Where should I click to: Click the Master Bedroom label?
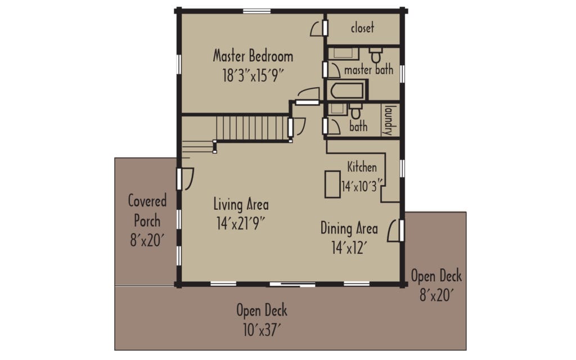[x=253, y=56]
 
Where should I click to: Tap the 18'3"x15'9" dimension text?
[x=253, y=75]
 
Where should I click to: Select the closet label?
[x=362, y=28]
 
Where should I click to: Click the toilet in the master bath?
[x=376, y=56]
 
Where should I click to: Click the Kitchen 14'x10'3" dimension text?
[x=362, y=183]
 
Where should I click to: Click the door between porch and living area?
[x=185, y=178]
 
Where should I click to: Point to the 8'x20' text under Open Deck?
[x=436, y=294]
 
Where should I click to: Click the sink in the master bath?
[x=343, y=53]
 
